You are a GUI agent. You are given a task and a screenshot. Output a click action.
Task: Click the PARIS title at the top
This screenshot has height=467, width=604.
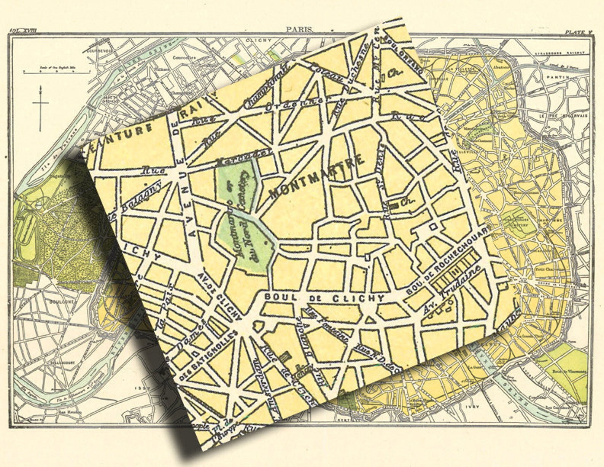[x=299, y=29]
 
